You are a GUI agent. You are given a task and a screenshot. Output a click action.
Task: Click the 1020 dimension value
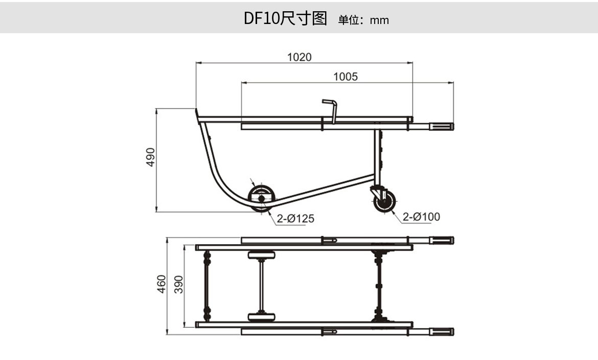(x=299, y=57)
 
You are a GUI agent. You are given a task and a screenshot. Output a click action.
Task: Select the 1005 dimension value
(x=346, y=77)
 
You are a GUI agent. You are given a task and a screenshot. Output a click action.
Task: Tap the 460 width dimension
(x=162, y=284)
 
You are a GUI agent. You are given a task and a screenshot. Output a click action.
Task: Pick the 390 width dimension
(x=178, y=284)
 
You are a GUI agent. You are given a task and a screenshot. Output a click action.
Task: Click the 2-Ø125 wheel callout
(x=295, y=219)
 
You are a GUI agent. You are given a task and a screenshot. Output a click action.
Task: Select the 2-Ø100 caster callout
(x=421, y=217)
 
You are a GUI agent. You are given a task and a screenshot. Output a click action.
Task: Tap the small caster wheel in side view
(x=385, y=201)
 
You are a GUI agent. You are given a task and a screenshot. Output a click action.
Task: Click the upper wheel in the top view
(x=261, y=255)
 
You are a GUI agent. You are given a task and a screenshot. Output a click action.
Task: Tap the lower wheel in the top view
(x=261, y=317)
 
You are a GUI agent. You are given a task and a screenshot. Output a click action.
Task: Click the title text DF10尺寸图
(x=285, y=19)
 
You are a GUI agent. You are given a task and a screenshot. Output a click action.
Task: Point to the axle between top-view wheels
(x=261, y=286)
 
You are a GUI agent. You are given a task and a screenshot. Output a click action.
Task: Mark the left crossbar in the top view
(x=207, y=285)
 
